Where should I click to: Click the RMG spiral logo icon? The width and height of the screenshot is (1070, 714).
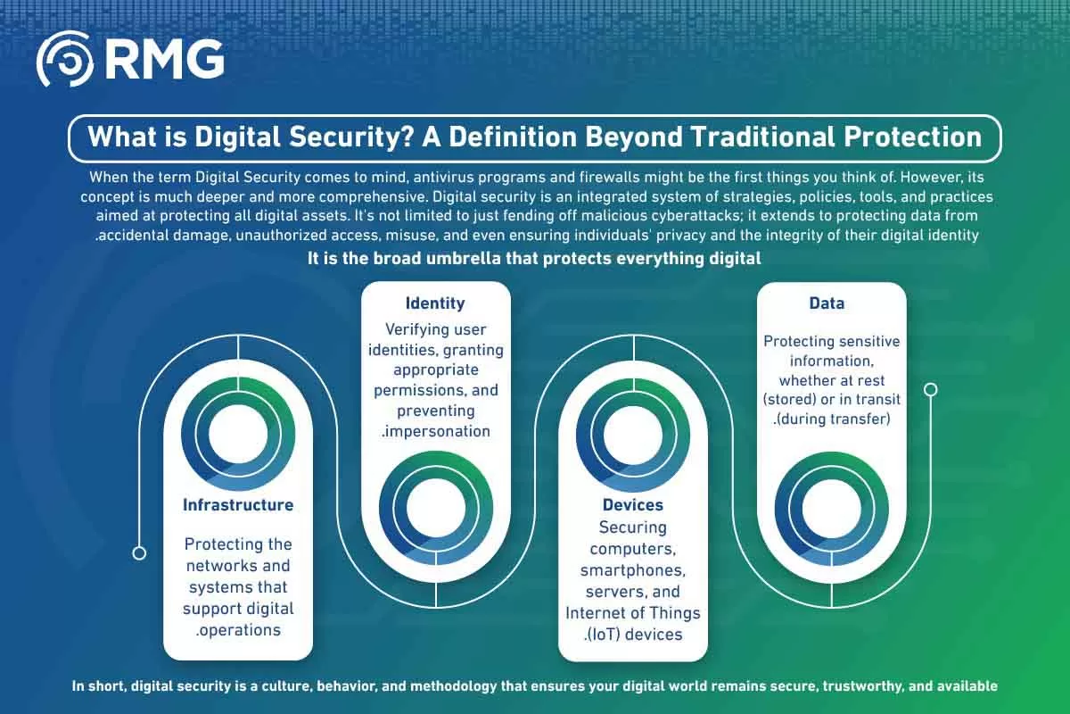coord(65,59)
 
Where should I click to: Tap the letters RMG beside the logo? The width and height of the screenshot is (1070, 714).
coord(164,59)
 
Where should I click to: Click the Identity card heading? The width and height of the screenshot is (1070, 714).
coord(435,303)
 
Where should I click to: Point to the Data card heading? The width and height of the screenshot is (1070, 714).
coord(827,303)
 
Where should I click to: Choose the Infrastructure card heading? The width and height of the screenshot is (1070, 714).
coord(238,505)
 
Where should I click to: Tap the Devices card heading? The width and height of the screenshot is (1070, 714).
coord(633,505)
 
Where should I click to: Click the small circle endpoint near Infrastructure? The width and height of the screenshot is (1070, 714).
coord(139,553)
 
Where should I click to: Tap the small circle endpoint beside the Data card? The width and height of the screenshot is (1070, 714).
coord(931,390)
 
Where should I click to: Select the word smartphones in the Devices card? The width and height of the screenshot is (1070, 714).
coord(633,570)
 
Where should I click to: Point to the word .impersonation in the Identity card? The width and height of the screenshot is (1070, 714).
coord(436,431)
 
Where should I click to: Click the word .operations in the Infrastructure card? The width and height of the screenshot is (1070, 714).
coord(238,630)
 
